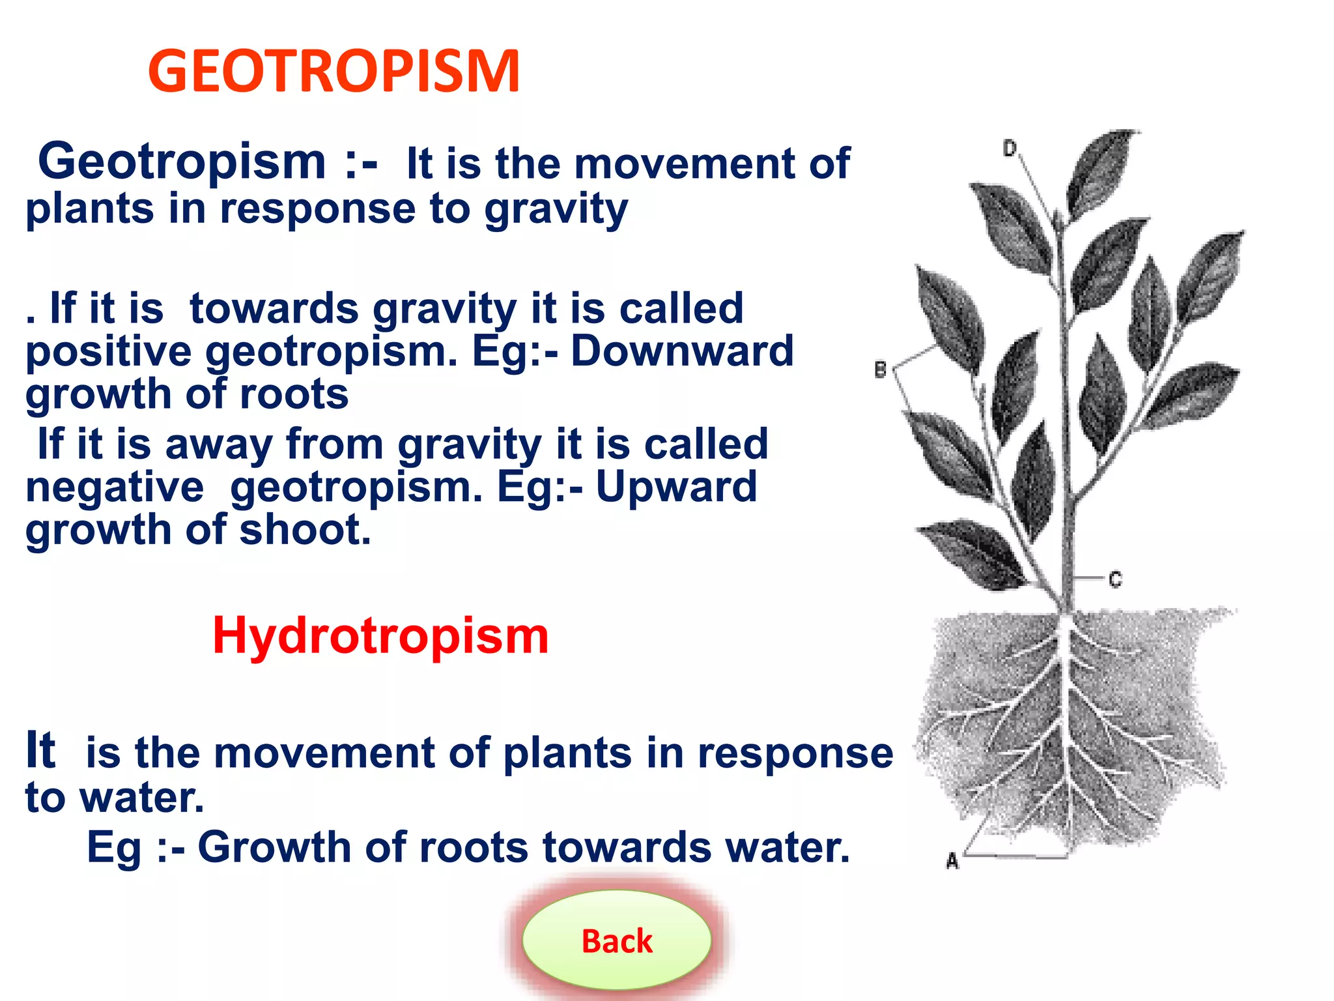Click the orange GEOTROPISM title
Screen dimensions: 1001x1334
pyautogui.click(x=333, y=72)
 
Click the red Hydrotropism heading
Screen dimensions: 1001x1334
pyautogui.click(x=380, y=635)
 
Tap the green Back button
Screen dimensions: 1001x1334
pyautogui.click(x=616, y=940)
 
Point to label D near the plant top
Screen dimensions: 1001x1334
pyautogui.click(x=1010, y=149)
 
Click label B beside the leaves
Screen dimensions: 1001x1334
pyautogui.click(x=881, y=370)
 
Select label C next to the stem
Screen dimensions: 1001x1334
pyautogui.click(x=1116, y=579)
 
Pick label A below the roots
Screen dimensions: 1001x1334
pyautogui.click(x=952, y=861)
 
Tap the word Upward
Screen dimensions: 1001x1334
pyautogui.click(x=676, y=487)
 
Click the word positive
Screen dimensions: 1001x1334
pyautogui.click(x=108, y=352)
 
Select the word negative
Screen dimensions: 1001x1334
pyautogui.click(x=115, y=487)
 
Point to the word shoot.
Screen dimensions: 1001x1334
pyautogui.click(x=305, y=530)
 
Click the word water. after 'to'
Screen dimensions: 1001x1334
pyautogui.click(x=142, y=798)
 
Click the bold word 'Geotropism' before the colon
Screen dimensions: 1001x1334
pyautogui.click(x=182, y=162)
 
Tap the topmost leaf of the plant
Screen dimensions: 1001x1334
pyautogui.click(x=1102, y=171)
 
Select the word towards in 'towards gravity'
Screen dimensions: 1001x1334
pyautogui.click(x=274, y=309)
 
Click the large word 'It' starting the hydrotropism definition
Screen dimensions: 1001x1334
pyautogui.click(x=40, y=751)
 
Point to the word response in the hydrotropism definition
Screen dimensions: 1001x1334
pyautogui.click(x=795, y=753)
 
